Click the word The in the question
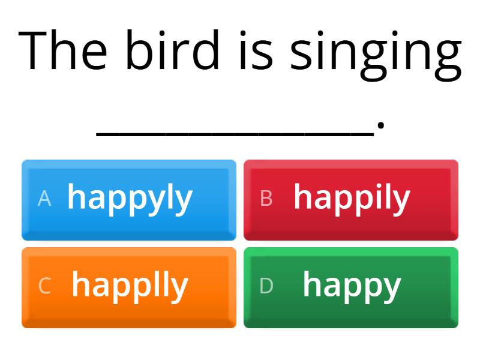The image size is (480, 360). [x=64, y=50]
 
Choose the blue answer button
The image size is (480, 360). [x=129, y=199]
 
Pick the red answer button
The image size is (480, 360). [x=351, y=199]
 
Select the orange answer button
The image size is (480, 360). [x=129, y=287]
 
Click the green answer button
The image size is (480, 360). [x=351, y=287]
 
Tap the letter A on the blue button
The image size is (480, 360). [x=44, y=199]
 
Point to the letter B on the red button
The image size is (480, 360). [x=266, y=199]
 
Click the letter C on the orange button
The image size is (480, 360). [x=44, y=286]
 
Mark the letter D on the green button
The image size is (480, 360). [x=266, y=286]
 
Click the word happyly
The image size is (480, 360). [x=130, y=199]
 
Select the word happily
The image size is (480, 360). [x=352, y=199]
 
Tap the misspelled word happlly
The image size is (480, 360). [x=130, y=286]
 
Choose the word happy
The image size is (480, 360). [x=352, y=286]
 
